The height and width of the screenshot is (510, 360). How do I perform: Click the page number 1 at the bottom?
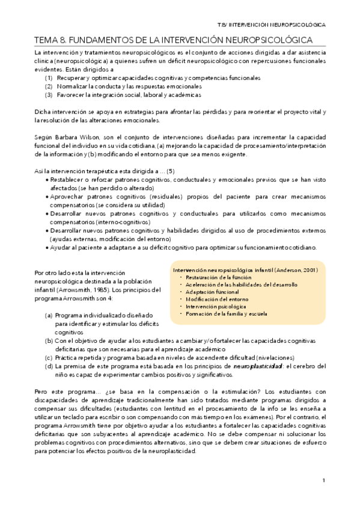[323, 481]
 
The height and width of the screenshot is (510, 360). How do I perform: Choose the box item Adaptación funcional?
[212, 292]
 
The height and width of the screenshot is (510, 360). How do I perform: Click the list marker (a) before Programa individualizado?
[49, 315]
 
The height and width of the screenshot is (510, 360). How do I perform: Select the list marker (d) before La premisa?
[49, 366]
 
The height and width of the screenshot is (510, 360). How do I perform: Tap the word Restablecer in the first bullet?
[69, 180]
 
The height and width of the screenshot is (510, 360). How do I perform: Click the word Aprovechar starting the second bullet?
[69, 197]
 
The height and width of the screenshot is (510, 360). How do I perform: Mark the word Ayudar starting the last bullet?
[63, 248]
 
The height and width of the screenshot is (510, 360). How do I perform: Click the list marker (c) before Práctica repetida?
[49, 357]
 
